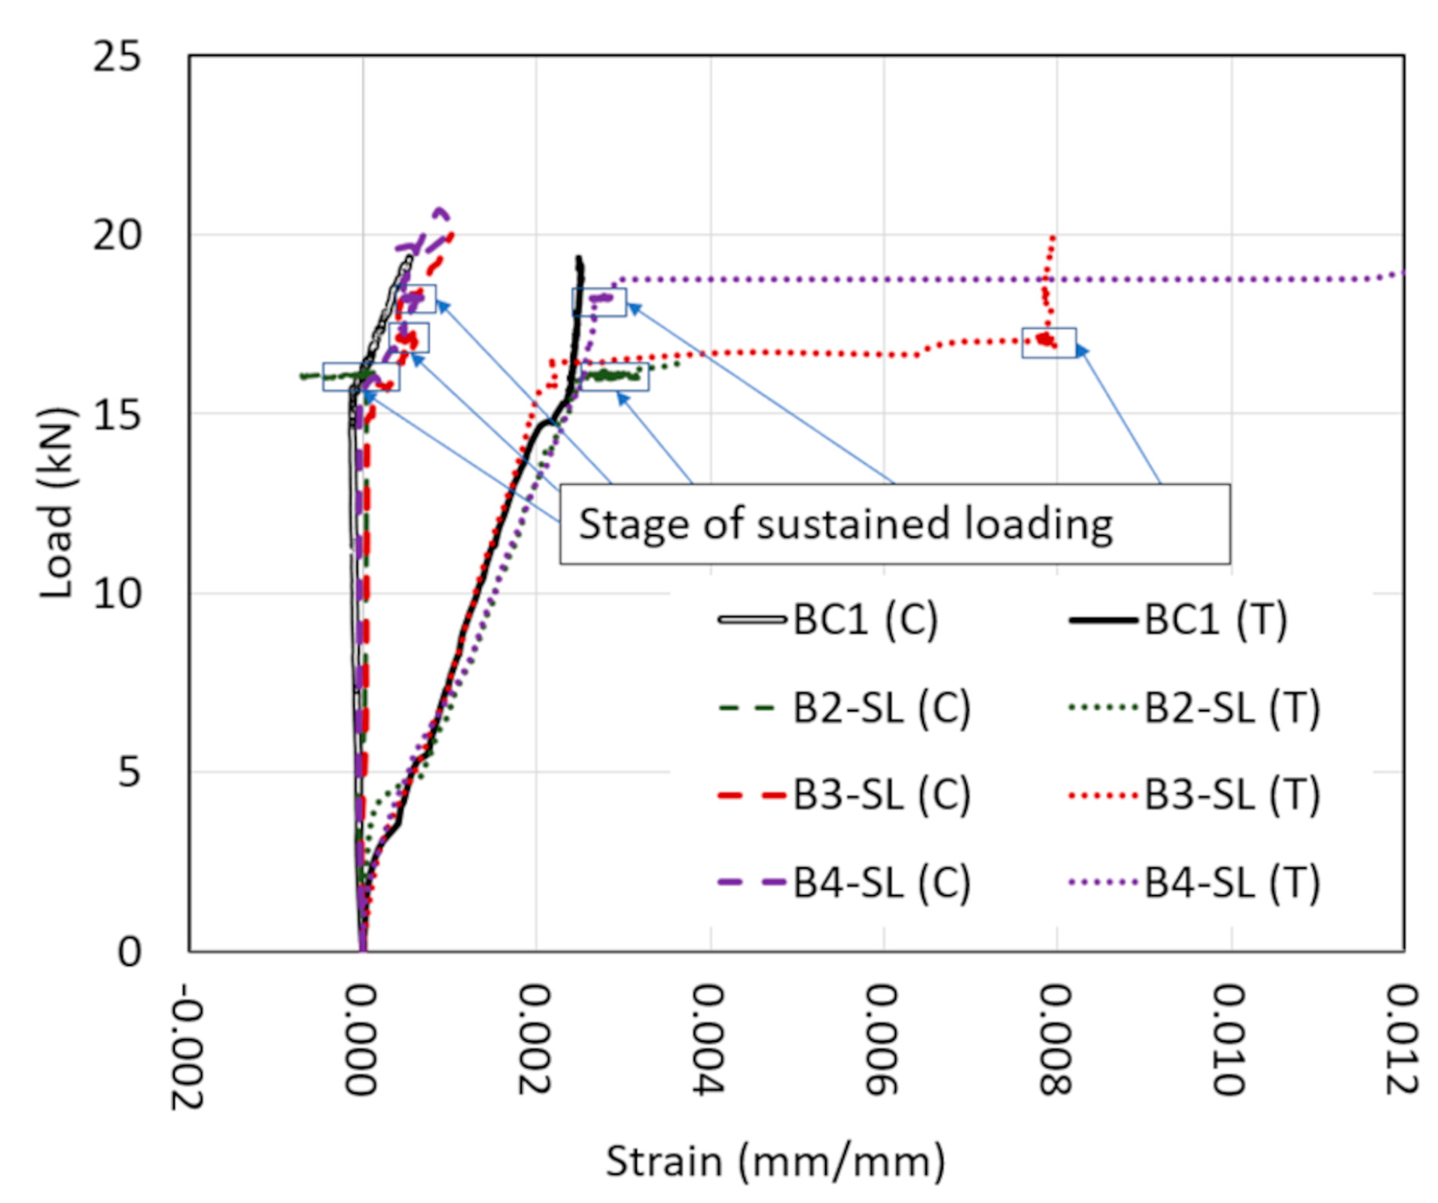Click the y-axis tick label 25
117,56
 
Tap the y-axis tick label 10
117,593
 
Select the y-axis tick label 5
129,772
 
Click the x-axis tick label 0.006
882,1039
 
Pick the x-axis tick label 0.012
1403,1039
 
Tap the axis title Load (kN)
56,502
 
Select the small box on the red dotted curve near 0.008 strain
1047,343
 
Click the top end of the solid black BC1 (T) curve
578,258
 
